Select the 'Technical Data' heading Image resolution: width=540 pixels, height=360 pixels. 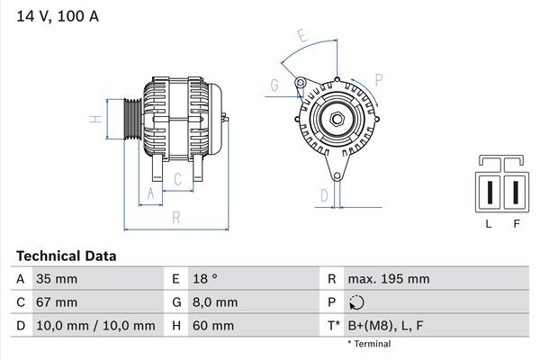(x=66, y=256)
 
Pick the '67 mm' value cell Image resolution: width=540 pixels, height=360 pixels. (x=55, y=302)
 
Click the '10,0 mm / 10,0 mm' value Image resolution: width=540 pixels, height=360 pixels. (x=94, y=325)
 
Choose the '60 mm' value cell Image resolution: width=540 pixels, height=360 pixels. (x=212, y=325)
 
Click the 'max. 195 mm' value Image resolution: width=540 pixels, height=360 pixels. (x=388, y=279)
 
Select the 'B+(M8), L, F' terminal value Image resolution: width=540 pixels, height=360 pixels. (x=387, y=325)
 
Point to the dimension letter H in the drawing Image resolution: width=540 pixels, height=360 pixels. (x=93, y=119)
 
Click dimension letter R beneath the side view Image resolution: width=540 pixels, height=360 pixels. (x=176, y=216)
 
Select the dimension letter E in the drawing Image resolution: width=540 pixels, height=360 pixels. (x=303, y=37)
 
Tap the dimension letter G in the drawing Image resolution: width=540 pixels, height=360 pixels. (x=274, y=85)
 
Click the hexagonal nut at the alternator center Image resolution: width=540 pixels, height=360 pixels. (x=335, y=119)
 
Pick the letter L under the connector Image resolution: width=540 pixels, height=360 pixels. (x=488, y=224)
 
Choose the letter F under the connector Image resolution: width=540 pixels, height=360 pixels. (x=517, y=224)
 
